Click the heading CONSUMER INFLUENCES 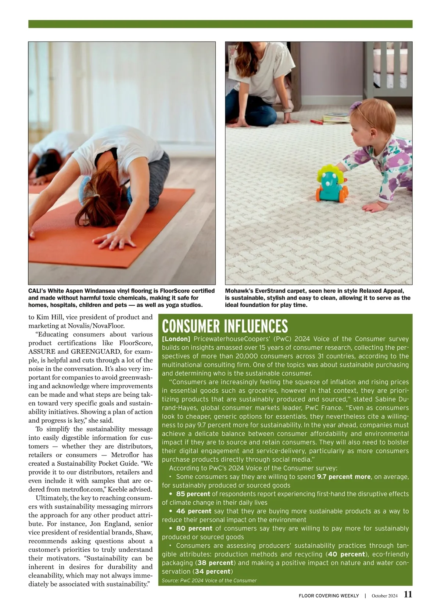225,326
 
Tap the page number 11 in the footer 408,595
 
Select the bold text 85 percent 193,494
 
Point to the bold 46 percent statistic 193,511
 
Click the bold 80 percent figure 194,529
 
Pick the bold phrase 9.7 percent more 344,477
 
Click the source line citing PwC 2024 209,581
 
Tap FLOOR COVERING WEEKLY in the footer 329,596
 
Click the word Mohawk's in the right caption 239,291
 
